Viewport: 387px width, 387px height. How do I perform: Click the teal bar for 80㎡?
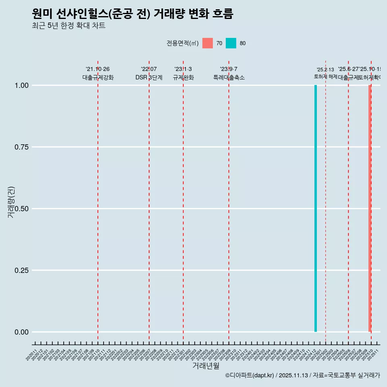316,208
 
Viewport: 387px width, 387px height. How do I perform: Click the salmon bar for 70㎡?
369,208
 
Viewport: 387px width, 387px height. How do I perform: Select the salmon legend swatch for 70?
208,43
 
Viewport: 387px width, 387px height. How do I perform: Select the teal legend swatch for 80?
231,43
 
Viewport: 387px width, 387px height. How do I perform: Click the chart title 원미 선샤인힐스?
132,14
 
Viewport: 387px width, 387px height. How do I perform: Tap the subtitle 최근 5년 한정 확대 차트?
69,26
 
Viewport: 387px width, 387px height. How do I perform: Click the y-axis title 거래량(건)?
11,202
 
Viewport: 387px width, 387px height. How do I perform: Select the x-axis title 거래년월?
206,366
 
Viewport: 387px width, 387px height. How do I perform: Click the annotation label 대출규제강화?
98,77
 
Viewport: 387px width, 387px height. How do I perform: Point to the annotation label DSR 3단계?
149,77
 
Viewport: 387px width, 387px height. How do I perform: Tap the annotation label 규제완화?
183,77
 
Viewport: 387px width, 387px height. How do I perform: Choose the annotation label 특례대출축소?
229,77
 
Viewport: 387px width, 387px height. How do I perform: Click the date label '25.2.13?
325,70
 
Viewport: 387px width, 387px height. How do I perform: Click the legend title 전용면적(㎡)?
182,43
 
